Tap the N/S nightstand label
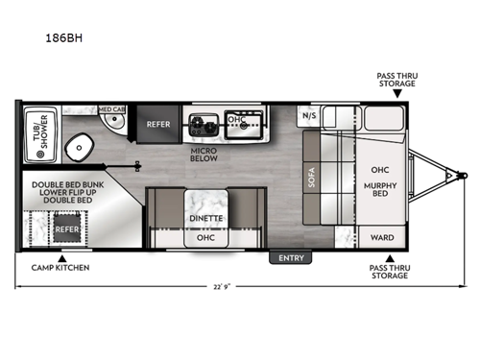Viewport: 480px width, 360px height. click(309, 116)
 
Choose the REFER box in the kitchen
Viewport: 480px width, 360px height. click(157, 124)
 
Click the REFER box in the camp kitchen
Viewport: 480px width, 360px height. click(65, 229)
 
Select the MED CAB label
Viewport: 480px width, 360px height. click(112, 109)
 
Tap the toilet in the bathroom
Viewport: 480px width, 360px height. click(79, 149)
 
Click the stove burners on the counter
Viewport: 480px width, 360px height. click(204, 123)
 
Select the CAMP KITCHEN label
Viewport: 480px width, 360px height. click(60, 267)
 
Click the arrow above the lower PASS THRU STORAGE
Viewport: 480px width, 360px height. click(390, 257)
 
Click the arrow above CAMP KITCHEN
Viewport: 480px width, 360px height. click(61, 256)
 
